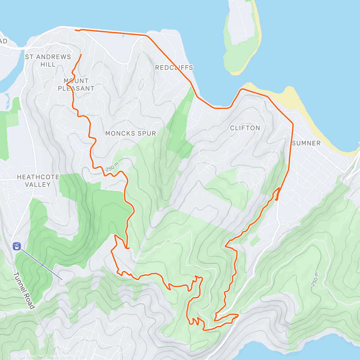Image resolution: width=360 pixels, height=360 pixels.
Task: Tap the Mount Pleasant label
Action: tap(76, 85)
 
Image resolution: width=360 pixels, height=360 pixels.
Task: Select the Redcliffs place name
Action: tap(174, 67)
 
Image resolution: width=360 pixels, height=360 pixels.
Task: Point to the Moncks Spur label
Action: tap(130, 133)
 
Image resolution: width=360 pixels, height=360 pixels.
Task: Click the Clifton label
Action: tap(245, 128)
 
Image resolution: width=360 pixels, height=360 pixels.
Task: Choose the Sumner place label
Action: tap(306, 143)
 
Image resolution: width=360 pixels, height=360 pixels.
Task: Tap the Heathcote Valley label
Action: tap(38, 181)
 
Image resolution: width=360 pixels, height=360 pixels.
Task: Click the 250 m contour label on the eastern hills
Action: tap(315, 279)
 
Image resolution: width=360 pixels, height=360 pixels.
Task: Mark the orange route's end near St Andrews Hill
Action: tap(81, 54)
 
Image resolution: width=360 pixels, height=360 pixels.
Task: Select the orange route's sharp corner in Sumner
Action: tap(293, 123)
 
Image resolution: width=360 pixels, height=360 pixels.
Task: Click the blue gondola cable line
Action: tap(42, 265)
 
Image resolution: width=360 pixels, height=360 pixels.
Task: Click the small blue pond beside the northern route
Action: tap(123, 36)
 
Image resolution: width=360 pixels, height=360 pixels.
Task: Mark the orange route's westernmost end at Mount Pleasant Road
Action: tap(75, 30)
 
